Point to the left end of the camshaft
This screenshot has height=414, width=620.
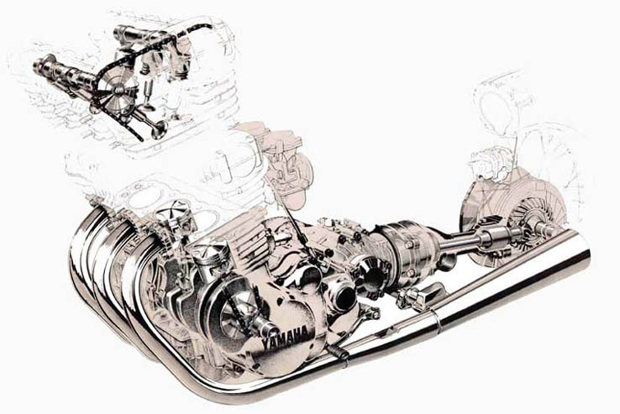35,63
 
